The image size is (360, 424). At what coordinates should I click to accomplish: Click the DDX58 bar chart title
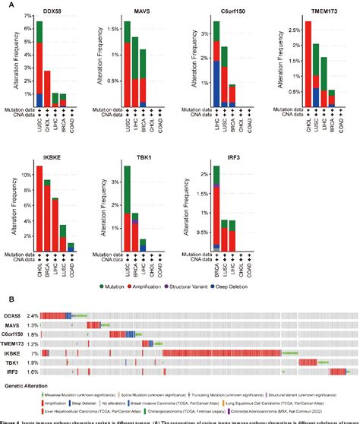click(x=49, y=13)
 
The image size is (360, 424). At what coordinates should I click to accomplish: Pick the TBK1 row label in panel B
click(x=13, y=362)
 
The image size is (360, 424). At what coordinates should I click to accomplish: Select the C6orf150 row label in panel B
click(x=16, y=333)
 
